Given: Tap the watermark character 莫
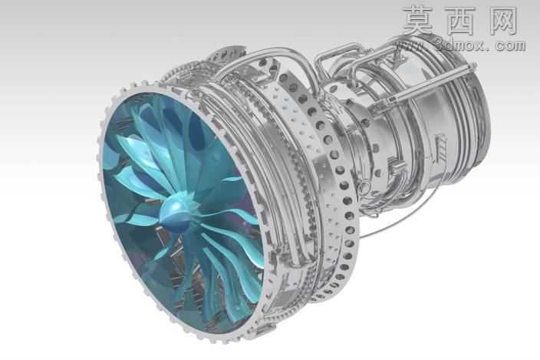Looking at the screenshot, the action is pyautogui.click(x=419, y=20).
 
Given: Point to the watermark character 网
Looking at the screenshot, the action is pyautogui.click(x=503, y=21).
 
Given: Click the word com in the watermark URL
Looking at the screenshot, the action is pyautogui.click(x=511, y=45).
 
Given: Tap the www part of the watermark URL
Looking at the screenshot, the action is pyautogui.click(x=412, y=45).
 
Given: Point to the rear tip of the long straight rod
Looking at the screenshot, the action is pyautogui.click(x=476, y=64).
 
